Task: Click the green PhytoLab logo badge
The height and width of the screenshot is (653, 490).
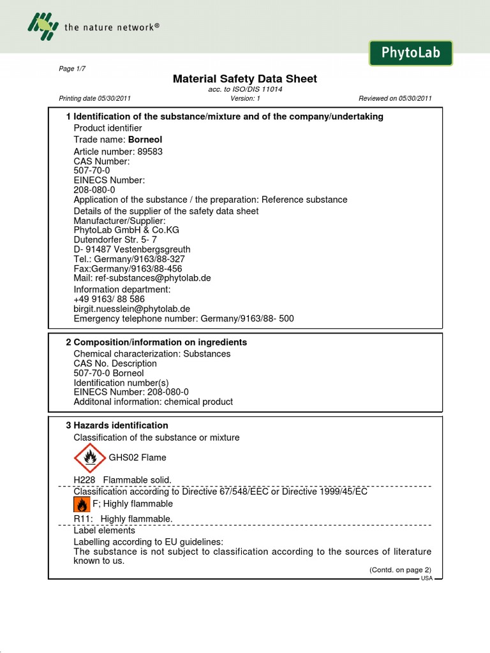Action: (x=410, y=53)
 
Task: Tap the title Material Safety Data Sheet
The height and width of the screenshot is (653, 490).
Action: (x=245, y=78)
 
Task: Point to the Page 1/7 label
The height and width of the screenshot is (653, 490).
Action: (x=71, y=69)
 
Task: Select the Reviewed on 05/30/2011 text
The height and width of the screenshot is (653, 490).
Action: (x=395, y=98)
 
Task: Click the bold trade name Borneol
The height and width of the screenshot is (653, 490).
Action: (x=140, y=139)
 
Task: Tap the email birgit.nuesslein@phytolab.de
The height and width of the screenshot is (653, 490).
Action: (x=132, y=309)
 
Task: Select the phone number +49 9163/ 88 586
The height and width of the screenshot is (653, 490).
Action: (x=109, y=298)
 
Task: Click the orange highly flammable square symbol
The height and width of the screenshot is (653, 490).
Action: (x=81, y=504)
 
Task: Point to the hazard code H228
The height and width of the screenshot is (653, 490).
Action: (x=85, y=480)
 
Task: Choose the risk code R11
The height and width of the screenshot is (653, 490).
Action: (x=84, y=519)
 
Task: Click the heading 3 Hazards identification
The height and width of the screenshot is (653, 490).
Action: (x=117, y=425)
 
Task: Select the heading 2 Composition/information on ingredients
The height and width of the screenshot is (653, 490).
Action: (x=156, y=342)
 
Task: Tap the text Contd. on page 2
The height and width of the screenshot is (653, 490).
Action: (x=400, y=569)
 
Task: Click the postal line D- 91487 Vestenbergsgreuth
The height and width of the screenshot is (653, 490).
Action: (x=132, y=249)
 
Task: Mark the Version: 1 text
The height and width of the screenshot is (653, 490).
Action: (x=246, y=98)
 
